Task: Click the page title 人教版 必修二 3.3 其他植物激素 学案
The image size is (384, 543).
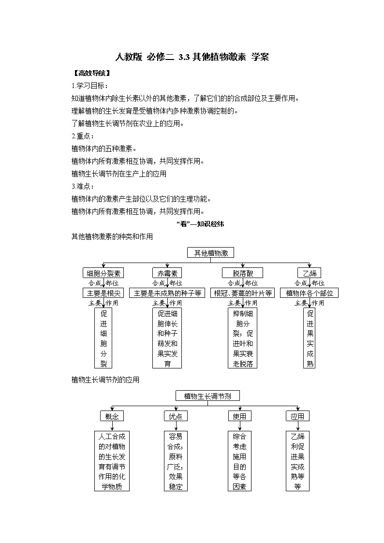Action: [192, 57]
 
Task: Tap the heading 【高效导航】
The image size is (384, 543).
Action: [91, 73]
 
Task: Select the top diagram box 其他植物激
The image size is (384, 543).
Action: [210, 252]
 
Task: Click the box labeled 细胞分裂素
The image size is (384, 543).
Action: [103, 273]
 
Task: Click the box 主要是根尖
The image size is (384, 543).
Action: [103, 293]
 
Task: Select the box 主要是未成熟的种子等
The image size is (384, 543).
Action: [167, 293]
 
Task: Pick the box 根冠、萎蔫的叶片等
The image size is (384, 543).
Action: [242, 293]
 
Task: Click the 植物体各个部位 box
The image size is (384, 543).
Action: [309, 293]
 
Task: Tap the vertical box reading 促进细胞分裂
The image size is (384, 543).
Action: [103, 338]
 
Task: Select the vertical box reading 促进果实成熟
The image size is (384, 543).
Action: [310, 338]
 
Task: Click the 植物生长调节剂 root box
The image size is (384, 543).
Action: [207, 396]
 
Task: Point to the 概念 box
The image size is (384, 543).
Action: [112, 416]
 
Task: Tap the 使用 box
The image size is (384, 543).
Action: [239, 416]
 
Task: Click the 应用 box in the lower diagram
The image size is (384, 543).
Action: [297, 416]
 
